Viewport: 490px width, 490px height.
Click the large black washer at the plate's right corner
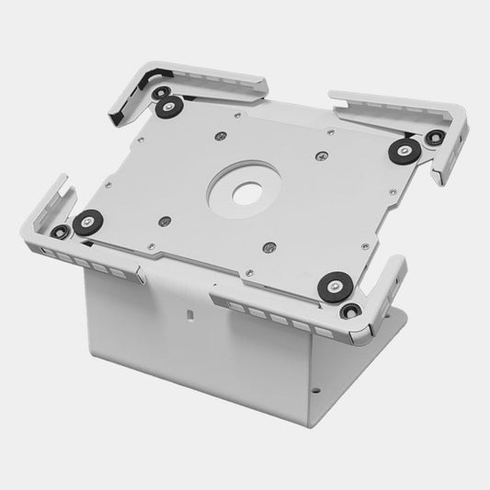pyautogui.click(x=403, y=151)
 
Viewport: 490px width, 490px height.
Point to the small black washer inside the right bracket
pyautogui.click(x=435, y=139)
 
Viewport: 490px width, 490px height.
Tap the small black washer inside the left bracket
pyautogui.click(x=60, y=232)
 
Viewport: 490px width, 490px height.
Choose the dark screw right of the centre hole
pyautogui.click(x=321, y=155)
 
